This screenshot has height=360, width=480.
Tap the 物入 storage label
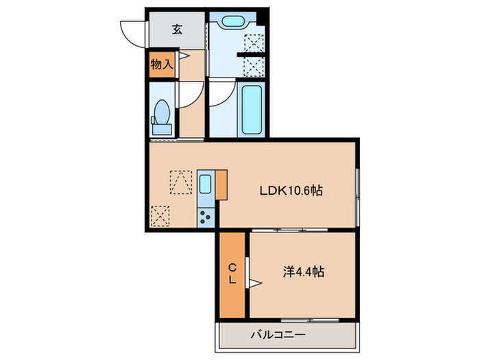pos(162,64)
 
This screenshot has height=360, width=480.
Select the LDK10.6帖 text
pos(291,191)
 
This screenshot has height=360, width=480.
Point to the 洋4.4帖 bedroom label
pos(303,272)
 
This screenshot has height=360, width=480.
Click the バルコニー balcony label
pos(278,335)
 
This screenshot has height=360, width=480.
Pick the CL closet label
pos(232,274)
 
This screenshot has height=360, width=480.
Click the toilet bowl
pos(162,112)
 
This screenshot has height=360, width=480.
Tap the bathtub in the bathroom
pos(252,110)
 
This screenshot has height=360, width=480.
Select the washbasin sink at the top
pos(232,21)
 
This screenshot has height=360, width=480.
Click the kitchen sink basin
pos(205,183)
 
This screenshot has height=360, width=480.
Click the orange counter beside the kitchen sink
pos(221,185)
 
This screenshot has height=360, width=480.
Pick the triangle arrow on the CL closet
pos(254,283)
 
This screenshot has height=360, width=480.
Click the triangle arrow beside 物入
pos(183,56)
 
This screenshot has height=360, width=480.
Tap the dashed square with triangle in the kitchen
pos(181,182)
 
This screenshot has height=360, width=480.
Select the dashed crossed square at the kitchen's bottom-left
pos(160,217)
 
